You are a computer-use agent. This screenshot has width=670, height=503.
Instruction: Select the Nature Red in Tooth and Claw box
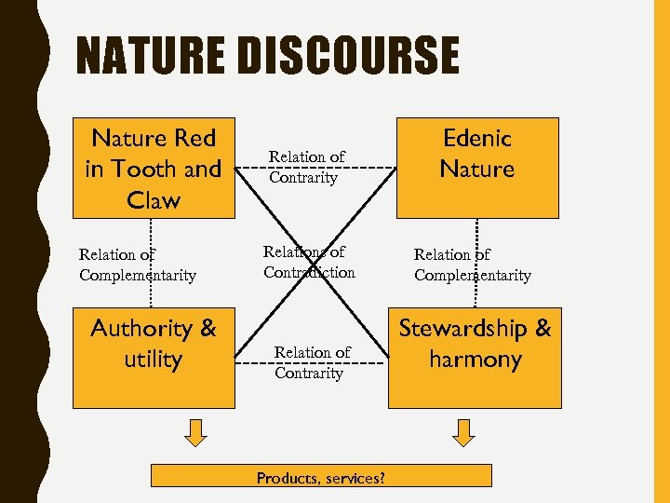[x=154, y=169]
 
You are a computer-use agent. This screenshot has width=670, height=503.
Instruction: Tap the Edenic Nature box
[x=476, y=169]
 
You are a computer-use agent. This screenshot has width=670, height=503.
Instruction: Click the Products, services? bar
[x=321, y=477]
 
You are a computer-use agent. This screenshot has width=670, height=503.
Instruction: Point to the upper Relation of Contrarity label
[x=307, y=167]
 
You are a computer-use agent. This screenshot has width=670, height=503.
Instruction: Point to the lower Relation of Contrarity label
[x=312, y=362]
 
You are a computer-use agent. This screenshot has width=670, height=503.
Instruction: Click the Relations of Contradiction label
[x=309, y=262]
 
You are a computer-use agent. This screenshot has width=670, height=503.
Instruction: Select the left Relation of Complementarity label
[x=138, y=265]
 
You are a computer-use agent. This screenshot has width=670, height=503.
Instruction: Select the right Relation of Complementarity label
[x=473, y=265]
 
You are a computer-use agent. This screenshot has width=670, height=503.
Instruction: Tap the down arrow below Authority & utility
[x=194, y=430]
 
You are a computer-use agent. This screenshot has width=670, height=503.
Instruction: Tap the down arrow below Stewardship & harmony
[x=462, y=430]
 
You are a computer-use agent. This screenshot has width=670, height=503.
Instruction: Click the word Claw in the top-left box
[x=154, y=200]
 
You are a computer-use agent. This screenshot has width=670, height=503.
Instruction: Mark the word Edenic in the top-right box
[x=477, y=138]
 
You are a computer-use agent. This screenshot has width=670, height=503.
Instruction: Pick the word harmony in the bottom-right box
[x=475, y=360]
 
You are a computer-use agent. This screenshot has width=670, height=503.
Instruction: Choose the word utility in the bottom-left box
[x=154, y=360]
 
